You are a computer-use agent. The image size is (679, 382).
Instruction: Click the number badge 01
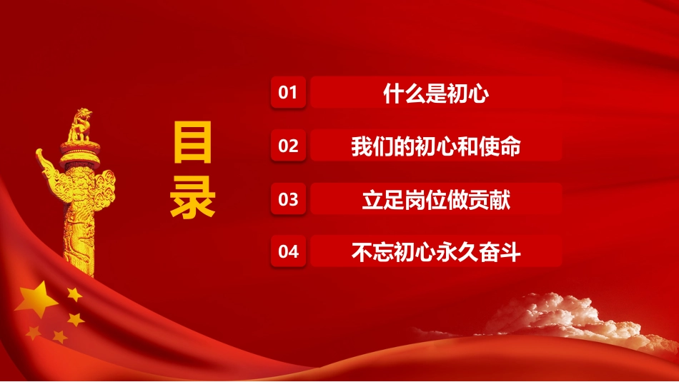click(x=288, y=94)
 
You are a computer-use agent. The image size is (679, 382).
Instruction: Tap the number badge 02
click(x=288, y=146)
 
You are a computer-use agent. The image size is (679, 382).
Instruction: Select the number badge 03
click(x=288, y=199)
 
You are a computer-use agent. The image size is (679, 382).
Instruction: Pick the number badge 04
click(x=288, y=251)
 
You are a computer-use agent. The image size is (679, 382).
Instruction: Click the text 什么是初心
click(x=436, y=94)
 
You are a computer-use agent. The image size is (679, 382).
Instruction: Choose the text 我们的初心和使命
click(x=436, y=147)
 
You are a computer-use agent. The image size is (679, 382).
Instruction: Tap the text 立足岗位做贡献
click(x=436, y=199)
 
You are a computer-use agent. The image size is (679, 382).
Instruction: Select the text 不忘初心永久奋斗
click(x=436, y=251)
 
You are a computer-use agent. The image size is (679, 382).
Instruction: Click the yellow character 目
click(x=192, y=143)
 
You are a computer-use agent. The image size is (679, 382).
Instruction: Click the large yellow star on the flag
click(x=36, y=299)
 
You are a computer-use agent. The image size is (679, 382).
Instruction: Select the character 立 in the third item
click(x=372, y=199)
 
